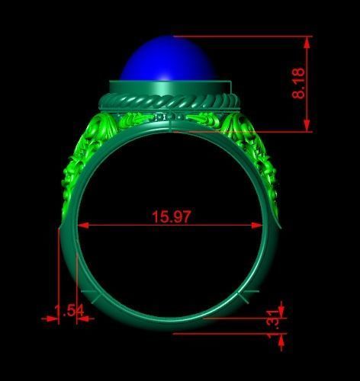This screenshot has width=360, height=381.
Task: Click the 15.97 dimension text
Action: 171,216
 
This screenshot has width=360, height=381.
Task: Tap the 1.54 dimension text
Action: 68,309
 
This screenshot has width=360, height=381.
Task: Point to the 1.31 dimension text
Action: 272,319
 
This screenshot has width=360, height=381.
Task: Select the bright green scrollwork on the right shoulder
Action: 256,152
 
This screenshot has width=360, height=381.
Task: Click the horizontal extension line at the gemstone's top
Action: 244,36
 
